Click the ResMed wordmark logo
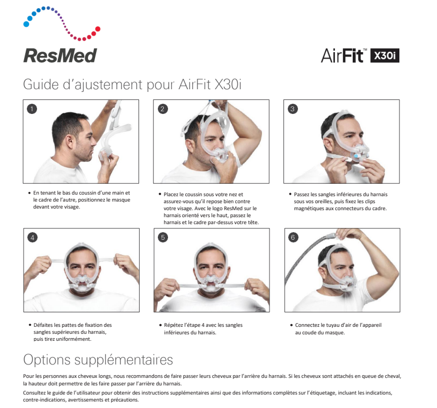tap(60, 55)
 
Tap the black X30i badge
tap(384, 55)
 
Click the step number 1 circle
tap(32, 109)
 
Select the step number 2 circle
tap(163, 109)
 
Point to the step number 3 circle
tap(293, 109)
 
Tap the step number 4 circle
tap(33, 238)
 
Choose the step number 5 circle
tap(163, 238)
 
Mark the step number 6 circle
tap(293, 238)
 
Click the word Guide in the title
tap(41, 84)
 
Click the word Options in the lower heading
tap(47, 360)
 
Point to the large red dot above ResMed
tap(98, 28)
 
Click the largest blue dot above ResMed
tap(26, 24)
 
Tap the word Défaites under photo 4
tap(43, 325)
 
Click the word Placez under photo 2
tap(171, 195)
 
